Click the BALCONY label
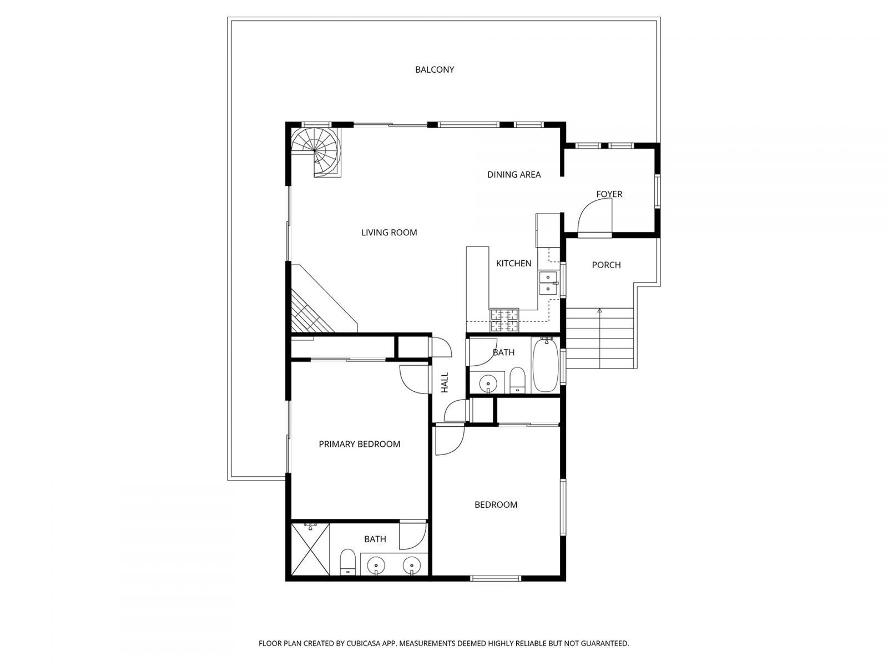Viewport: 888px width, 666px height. (435, 69)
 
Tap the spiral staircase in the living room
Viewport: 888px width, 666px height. (315, 150)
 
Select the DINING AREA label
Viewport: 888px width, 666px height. (514, 174)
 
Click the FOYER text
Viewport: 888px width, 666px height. (609, 194)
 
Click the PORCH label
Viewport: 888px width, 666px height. (606, 265)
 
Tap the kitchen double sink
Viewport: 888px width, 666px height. (548, 282)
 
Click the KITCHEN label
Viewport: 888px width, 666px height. (513, 263)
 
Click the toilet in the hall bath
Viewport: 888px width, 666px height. (517, 380)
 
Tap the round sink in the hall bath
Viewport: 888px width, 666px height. (488, 382)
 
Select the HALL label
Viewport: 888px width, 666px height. (445, 382)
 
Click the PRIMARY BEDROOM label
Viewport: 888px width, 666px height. (359, 444)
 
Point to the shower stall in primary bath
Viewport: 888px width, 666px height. (310, 549)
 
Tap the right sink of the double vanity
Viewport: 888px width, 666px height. (412, 565)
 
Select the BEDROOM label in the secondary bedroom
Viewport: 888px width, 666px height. (496, 504)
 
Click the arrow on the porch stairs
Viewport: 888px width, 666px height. (599, 311)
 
